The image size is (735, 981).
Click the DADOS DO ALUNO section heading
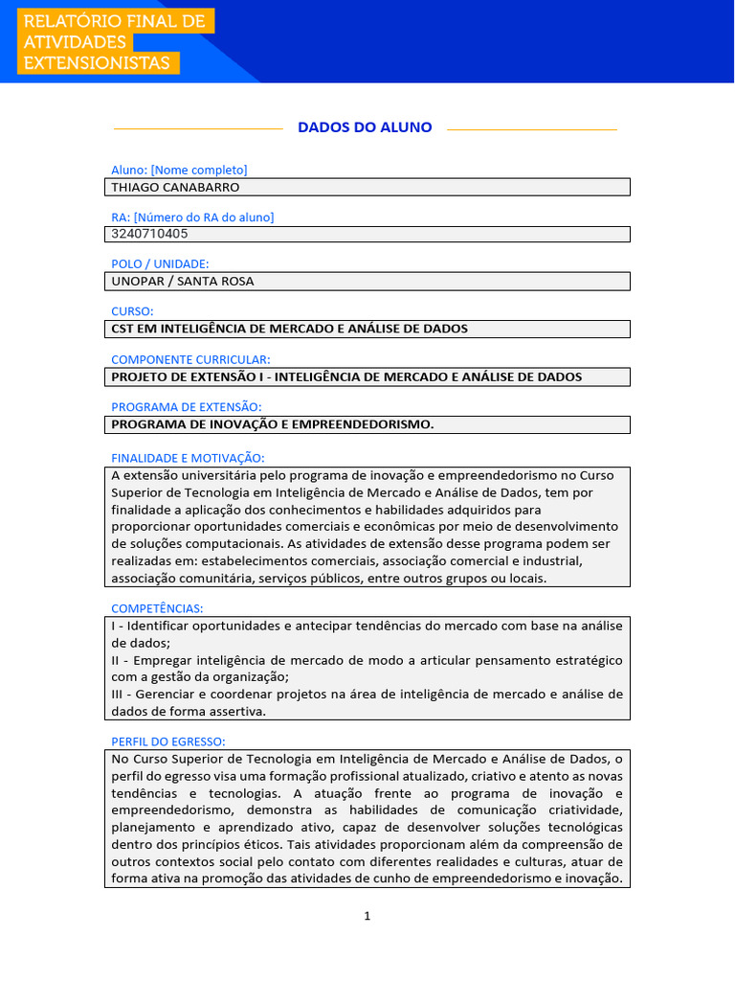(x=365, y=127)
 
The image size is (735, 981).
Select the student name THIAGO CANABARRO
(x=175, y=188)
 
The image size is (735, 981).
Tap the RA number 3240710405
(x=149, y=234)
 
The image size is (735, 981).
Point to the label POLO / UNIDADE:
(x=160, y=263)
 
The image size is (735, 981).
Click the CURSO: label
(x=132, y=311)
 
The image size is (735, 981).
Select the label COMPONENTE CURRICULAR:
(x=190, y=359)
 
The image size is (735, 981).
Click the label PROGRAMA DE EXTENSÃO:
(x=186, y=407)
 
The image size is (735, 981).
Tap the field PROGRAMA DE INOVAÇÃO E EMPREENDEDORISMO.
(x=273, y=424)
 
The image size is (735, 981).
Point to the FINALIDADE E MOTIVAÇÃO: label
(x=188, y=458)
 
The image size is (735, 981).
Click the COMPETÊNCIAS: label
(x=157, y=608)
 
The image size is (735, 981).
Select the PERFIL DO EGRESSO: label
(x=168, y=741)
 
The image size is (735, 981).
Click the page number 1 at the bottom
(x=367, y=916)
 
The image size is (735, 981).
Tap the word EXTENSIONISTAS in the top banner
(x=99, y=63)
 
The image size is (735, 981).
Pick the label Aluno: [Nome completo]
(x=179, y=170)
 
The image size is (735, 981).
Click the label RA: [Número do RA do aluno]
(x=192, y=217)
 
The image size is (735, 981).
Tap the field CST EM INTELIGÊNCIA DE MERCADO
(x=289, y=329)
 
